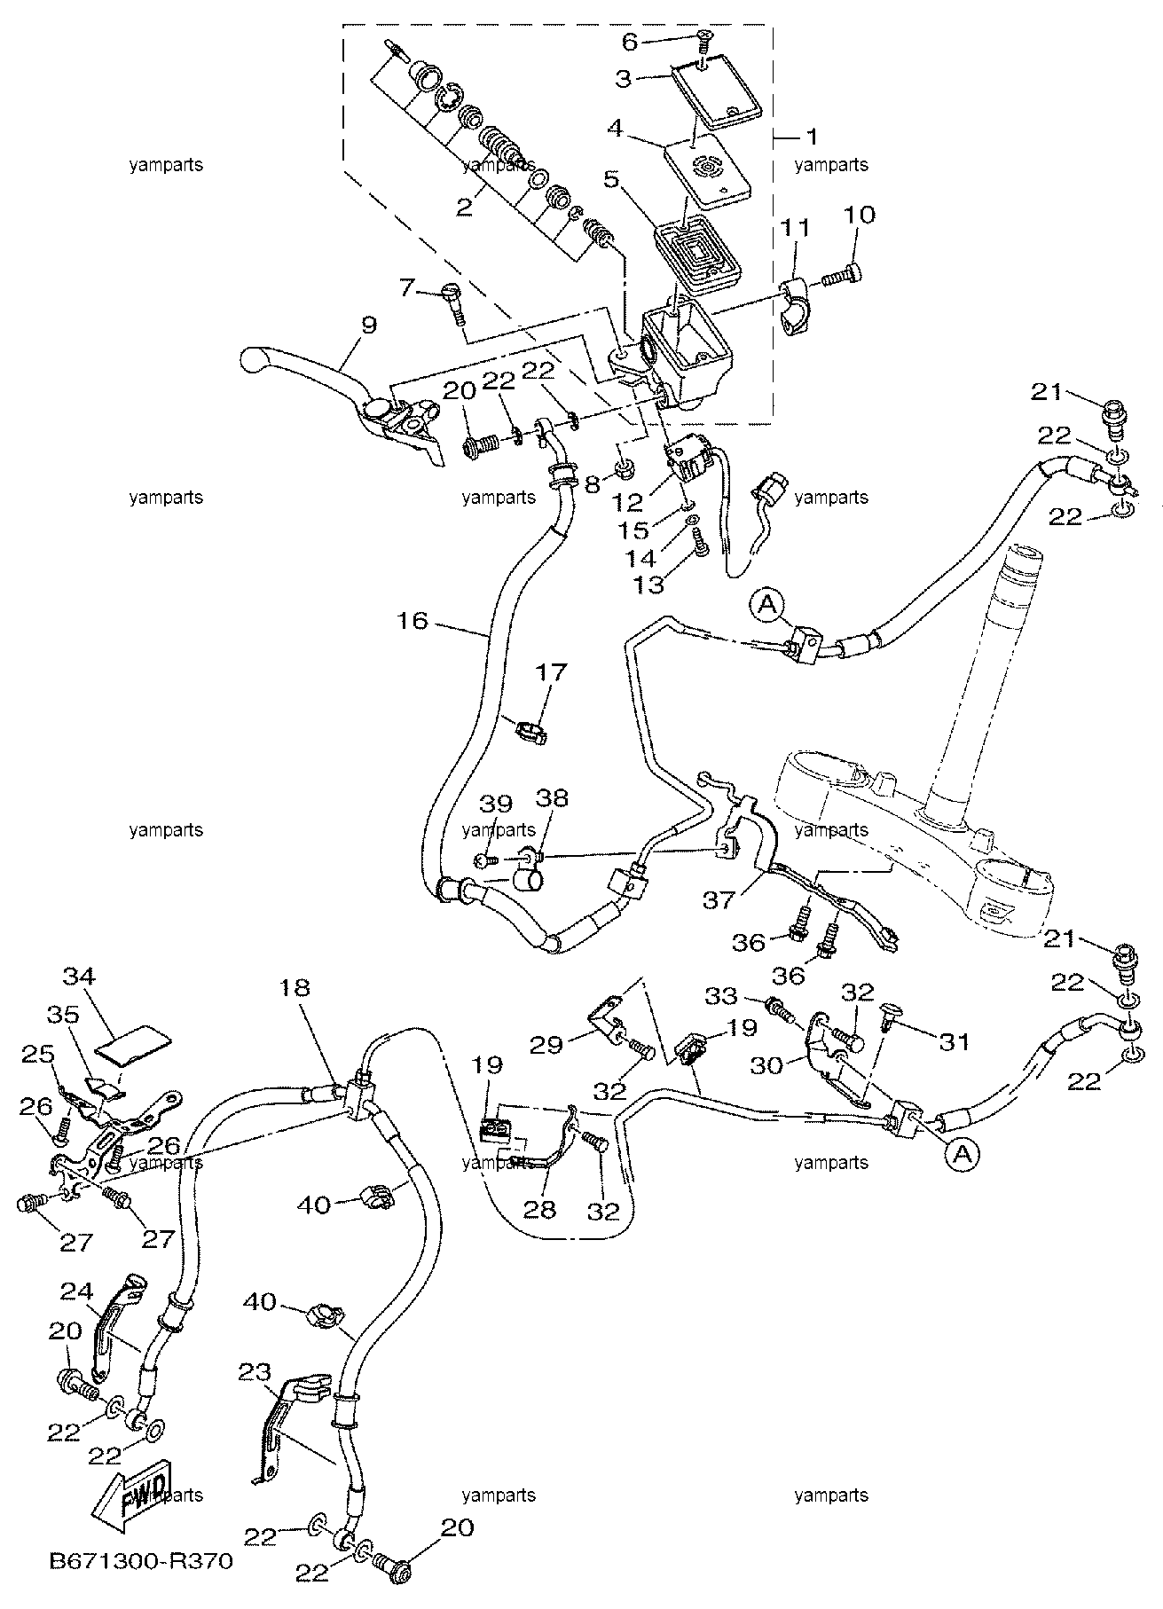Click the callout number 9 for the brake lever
click(x=369, y=325)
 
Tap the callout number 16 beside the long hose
click(x=413, y=621)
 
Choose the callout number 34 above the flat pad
click(x=79, y=977)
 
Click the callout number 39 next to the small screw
click(x=496, y=803)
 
